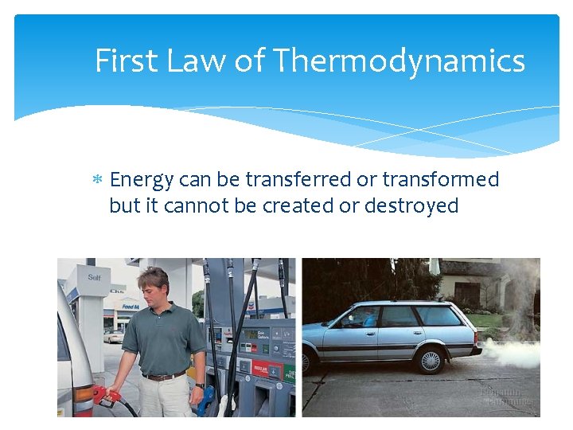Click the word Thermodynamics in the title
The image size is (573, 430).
click(x=399, y=61)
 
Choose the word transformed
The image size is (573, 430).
click(x=441, y=179)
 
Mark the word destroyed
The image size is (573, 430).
click(x=411, y=205)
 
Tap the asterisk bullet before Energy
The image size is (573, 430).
click(x=98, y=180)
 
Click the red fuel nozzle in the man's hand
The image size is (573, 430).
click(x=101, y=394)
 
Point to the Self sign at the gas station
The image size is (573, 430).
click(x=94, y=278)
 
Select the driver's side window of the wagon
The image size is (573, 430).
click(x=363, y=317)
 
